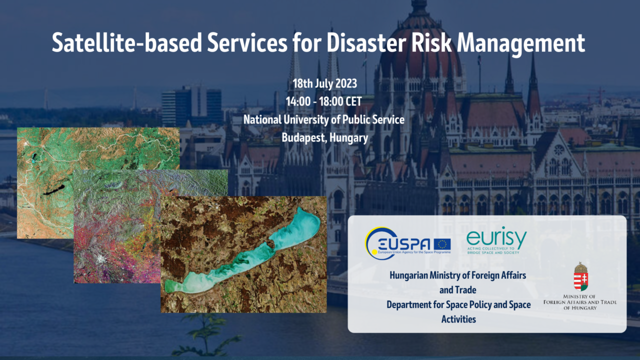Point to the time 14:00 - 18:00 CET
tap(323, 101)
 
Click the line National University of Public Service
tap(323, 119)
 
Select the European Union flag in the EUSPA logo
tap(442, 244)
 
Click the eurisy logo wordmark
tap(496, 237)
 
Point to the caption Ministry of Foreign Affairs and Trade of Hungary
tap(580, 302)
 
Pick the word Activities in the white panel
tap(458, 318)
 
